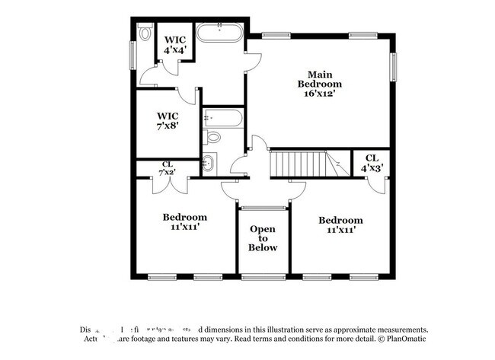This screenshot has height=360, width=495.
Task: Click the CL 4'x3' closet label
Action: click(x=371, y=163)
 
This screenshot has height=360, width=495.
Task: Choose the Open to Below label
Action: click(x=263, y=238)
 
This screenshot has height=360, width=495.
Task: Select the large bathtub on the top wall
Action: click(x=219, y=33)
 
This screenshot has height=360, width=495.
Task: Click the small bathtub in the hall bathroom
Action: click(x=223, y=118)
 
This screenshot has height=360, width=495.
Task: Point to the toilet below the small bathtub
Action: click(x=213, y=138)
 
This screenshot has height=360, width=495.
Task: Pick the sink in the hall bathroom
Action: click(x=209, y=162)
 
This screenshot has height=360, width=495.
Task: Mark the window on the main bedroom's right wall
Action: click(x=394, y=66)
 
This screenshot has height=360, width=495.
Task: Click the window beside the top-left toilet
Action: click(x=133, y=56)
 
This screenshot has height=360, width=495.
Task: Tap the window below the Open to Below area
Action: click(x=263, y=276)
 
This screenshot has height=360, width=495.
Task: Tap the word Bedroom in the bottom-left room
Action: click(x=184, y=217)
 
